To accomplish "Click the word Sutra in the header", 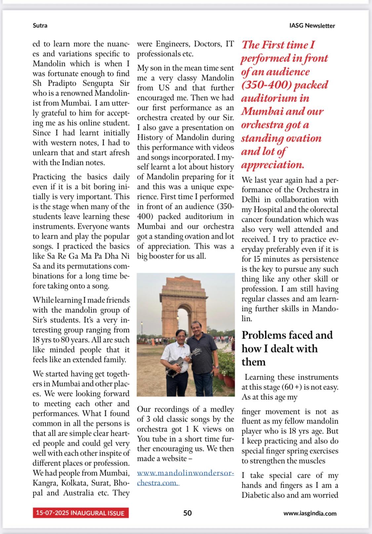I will click(x=40, y=25).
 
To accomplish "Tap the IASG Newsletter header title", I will click(x=312, y=25).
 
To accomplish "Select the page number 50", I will click(x=187, y=513).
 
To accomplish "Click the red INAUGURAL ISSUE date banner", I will click(x=80, y=513).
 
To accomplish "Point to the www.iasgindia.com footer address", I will click(x=310, y=513).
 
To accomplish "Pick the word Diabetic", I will click(x=257, y=495).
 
